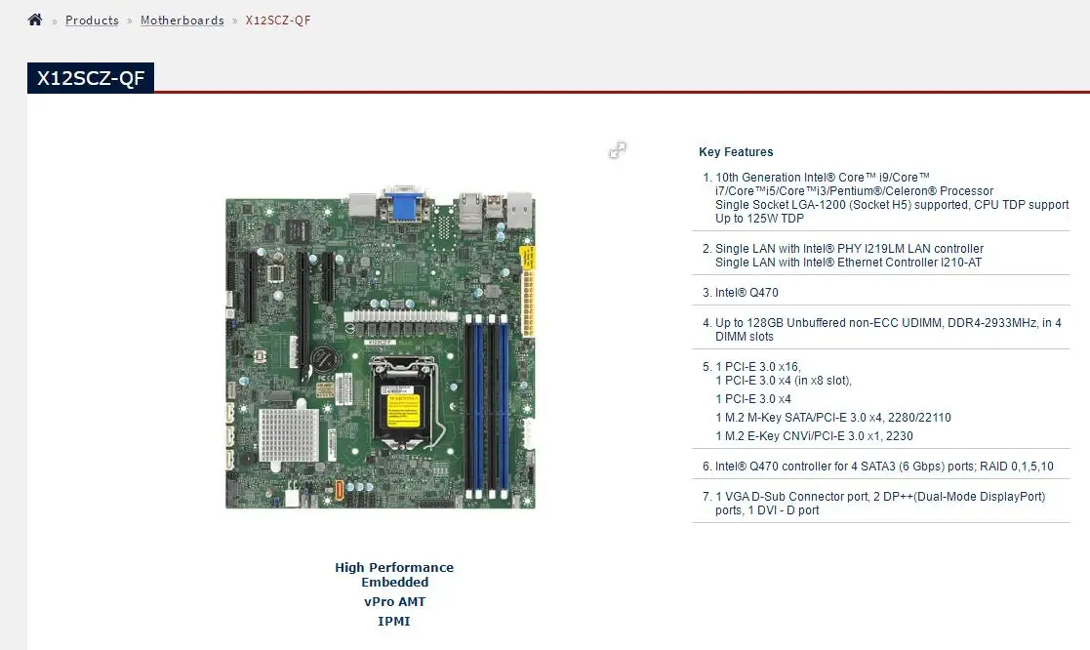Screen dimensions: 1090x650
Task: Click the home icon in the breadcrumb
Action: [x=35, y=20]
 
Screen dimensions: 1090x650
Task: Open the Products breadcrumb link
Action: [x=92, y=20]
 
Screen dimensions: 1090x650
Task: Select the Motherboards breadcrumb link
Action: [x=182, y=20]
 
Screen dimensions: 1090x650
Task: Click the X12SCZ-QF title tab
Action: [x=90, y=79]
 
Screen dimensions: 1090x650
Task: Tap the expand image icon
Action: [x=618, y=150]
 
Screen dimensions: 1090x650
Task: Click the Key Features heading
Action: [x=736, y=152]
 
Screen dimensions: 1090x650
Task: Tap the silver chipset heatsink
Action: [x=288, y=433]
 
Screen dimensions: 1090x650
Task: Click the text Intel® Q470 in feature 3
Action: [x=747, y=293]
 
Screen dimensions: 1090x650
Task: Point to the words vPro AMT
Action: [x=394, y=602]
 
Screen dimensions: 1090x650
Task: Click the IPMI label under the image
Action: [x=394, y=621]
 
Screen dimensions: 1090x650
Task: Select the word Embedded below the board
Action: [x=394, y=583]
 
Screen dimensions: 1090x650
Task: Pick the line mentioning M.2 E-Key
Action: [x=814, y=436]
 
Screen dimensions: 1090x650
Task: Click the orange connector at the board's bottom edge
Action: [x=340, y=490]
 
